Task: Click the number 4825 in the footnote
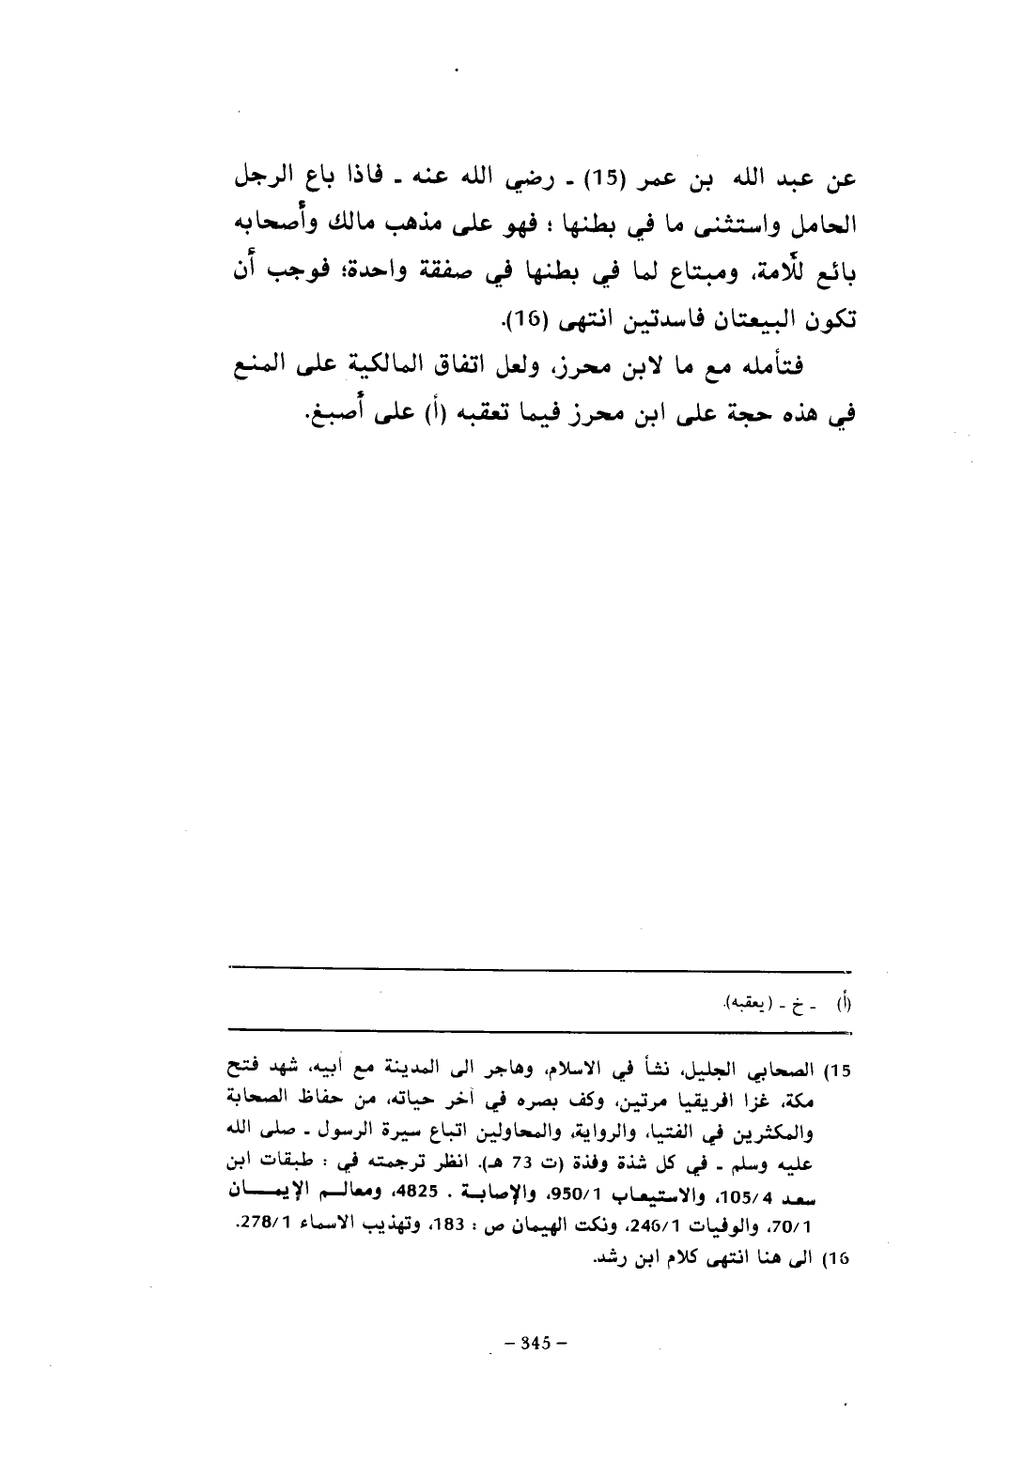(x=441, y=1173)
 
